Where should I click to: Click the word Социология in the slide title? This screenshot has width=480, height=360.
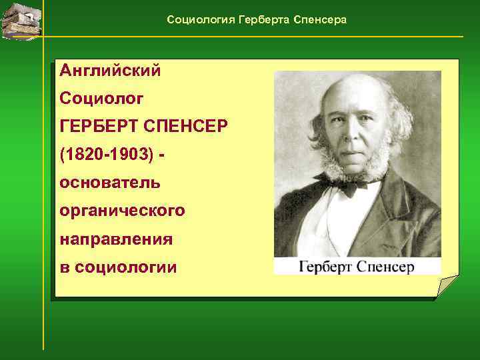(x=196, y=20)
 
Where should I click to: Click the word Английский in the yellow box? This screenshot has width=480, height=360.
(x=110, y=70)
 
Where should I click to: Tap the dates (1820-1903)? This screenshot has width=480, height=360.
(x=107, y=155)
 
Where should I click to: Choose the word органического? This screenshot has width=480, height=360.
(x=122, y=211)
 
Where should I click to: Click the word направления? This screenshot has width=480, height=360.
(x=116, y=239)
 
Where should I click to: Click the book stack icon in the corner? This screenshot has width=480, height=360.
(x=21, y=21)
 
